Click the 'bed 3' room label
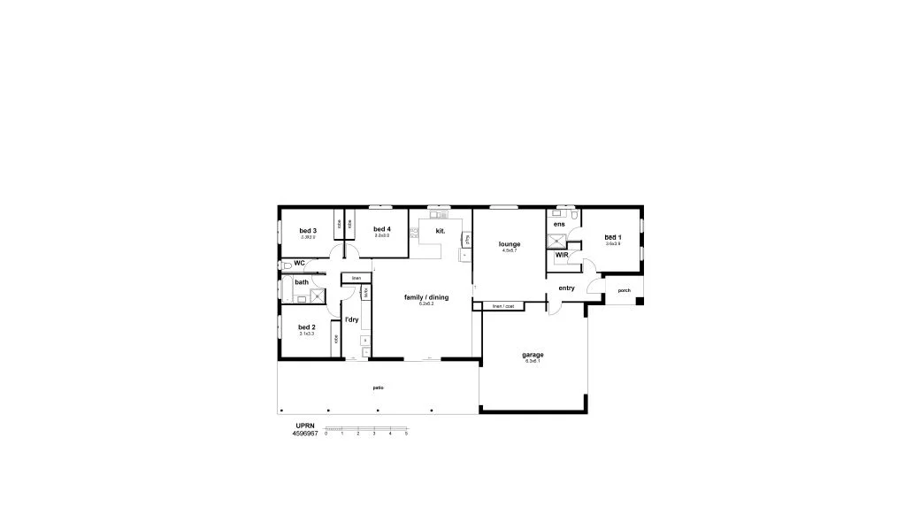pos(308,231)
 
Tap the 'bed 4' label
pos(382,229)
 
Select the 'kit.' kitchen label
pos(440,232)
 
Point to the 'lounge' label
pos(509,244)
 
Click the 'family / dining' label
pos(426,297)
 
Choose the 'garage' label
pos(533,355)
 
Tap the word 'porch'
pos(624,291)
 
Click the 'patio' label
pos(378,388)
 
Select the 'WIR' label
pos(562,255)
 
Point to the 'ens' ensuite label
pos(559,225)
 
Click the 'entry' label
pos(566,288)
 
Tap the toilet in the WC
pos(286,264)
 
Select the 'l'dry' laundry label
pos(351,319)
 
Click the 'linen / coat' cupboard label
pos(503,306)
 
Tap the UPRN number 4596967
pos(305,434)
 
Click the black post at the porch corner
pos(640,301)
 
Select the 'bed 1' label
pos(612,237)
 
